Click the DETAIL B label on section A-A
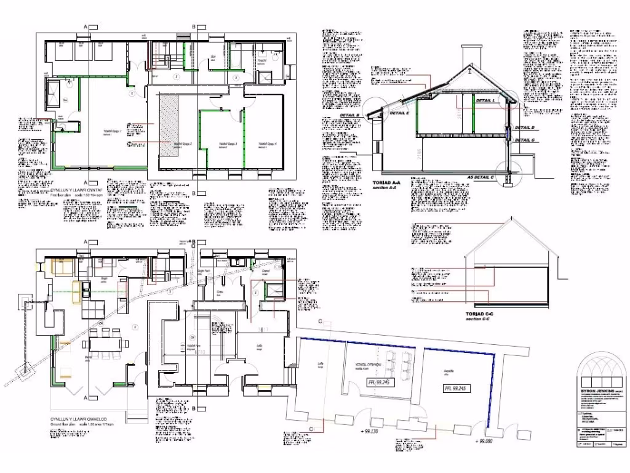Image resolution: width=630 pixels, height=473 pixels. (x=349, y=115)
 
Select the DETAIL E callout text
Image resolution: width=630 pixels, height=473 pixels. (x=399, y=113)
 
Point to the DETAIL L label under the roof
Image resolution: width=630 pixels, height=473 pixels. (x=485, y=100)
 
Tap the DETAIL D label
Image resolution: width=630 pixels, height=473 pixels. (x=525, y=127)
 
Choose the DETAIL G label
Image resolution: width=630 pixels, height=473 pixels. (x=525, y=140)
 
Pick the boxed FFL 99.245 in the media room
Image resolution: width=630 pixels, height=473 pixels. (x=380, y=382)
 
